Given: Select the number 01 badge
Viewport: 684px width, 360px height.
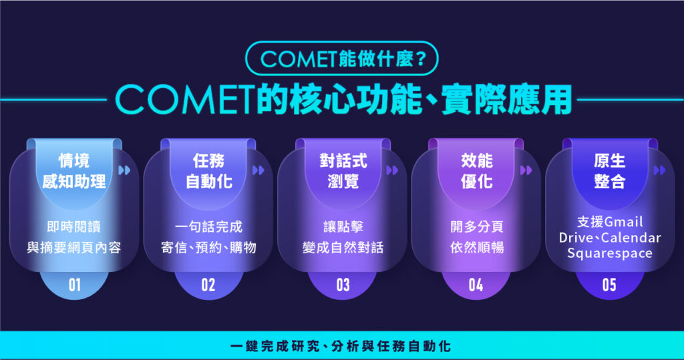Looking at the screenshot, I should pos(74,285).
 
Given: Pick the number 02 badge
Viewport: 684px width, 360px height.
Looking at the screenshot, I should pos(208,285).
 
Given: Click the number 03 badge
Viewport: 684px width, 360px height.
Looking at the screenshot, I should pos(343,285).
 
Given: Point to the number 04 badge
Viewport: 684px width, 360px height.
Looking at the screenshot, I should pos(476,285).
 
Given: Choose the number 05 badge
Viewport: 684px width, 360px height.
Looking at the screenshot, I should pos(609,285).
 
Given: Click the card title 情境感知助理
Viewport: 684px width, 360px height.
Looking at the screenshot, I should pos(74,170).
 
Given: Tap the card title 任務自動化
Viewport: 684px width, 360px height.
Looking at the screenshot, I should pos(208,170).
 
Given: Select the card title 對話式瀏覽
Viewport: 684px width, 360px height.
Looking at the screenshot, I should pos(343,170).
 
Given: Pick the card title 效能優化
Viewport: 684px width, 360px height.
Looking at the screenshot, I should pos(476,170).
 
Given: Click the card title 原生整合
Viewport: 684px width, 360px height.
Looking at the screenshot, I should pos(609,170).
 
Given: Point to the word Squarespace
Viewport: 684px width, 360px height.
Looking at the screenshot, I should pos(610,253).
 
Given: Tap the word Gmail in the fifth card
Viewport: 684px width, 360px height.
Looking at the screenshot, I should pos(623,222).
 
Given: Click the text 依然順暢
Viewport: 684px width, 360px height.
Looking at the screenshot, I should pos(476,248).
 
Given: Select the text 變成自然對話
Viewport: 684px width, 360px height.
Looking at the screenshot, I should pos(343,248).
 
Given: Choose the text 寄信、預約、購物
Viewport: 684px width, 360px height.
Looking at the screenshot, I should pos(208,248).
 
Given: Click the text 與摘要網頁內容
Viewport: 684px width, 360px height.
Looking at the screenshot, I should pos(74,248).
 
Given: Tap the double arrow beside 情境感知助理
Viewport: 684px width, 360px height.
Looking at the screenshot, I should pos(124,170).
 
